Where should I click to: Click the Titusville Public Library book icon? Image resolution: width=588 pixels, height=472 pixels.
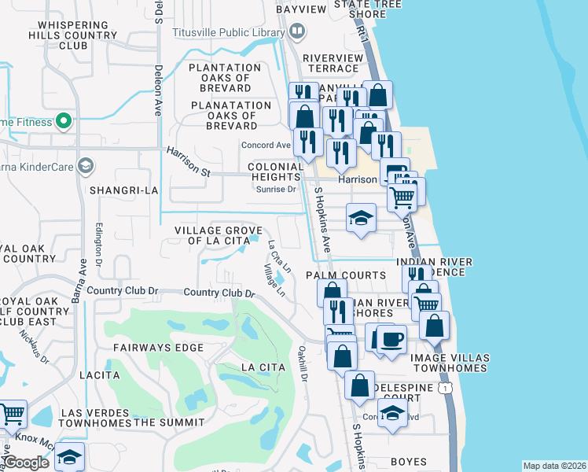[297, 31]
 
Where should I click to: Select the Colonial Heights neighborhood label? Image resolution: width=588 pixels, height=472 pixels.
[275, 172]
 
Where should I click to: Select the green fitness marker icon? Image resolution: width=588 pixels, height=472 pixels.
[64, 122]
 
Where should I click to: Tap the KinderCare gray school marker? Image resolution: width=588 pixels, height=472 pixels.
[85, 165]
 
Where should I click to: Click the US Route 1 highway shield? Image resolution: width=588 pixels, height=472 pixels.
[447, 389]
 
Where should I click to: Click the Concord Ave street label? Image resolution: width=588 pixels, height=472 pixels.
[266, 146]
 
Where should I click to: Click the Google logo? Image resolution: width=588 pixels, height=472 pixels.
[27, 463]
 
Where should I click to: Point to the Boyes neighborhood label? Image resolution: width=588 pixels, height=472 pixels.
[408, 462]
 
